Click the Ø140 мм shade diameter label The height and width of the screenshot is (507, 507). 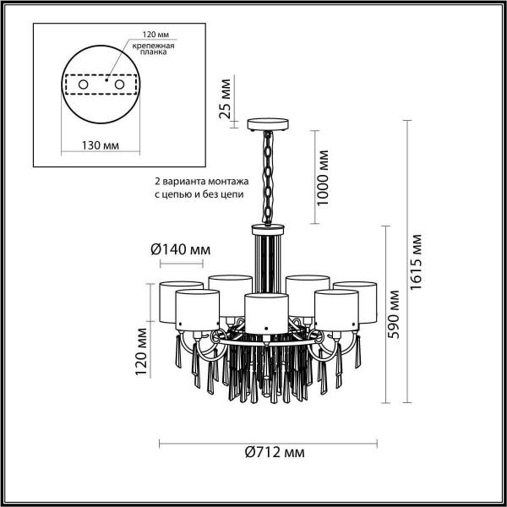180,249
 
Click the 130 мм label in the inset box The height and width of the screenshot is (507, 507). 100,145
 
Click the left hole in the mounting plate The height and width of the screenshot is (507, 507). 83,85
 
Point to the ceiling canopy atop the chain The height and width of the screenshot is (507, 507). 269,126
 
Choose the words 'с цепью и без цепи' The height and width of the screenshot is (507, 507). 199,194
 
